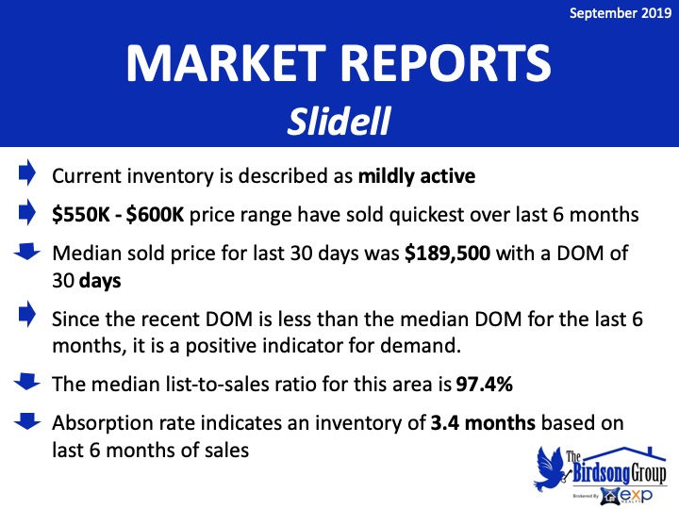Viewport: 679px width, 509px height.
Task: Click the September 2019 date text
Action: click(621, 13)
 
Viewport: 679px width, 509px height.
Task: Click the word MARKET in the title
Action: click(226, 63)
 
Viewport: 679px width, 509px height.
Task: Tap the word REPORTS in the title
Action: click(446, 63)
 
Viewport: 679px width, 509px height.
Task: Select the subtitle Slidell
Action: click(339, 122)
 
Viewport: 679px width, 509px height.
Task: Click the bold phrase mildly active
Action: click(417, 176)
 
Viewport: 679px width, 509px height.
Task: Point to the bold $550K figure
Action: click(81, 215)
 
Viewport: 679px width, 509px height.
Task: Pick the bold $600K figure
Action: click(155, 215)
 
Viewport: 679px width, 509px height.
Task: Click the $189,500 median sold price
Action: click(447, 254)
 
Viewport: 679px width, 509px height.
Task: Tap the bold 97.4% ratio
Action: click(484, 384)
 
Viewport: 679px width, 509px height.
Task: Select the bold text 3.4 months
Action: click(483, 423)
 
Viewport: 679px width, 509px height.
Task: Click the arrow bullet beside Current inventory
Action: click(26, 172)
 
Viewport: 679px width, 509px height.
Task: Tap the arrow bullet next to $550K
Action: click(26, 212)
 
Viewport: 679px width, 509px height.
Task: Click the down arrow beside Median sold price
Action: click(26, 252)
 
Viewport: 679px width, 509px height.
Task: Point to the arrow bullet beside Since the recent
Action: click(26, 313)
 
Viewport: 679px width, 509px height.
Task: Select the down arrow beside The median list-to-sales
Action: click(26, 382)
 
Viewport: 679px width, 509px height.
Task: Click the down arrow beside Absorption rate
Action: click(26, 421)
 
